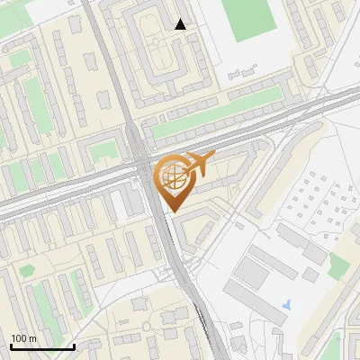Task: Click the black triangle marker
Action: (x=181, y=24)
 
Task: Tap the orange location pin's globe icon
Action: (x=173, y=177)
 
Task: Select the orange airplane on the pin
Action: (x=198, y=163)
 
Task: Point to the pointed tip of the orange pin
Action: (x=173, y=211)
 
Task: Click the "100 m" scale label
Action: (x=23, y=338)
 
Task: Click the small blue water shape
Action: (x=287, y=304)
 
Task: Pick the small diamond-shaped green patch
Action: (x=104, y=148)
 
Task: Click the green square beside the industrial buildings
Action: (x=339, y=265)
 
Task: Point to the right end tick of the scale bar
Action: (x=74, y=346)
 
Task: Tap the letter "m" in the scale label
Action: (x=32, y=338)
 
